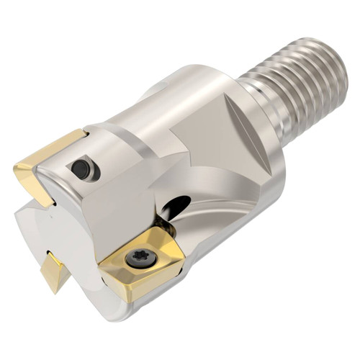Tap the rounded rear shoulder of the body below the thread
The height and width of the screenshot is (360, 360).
coord(270,166)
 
